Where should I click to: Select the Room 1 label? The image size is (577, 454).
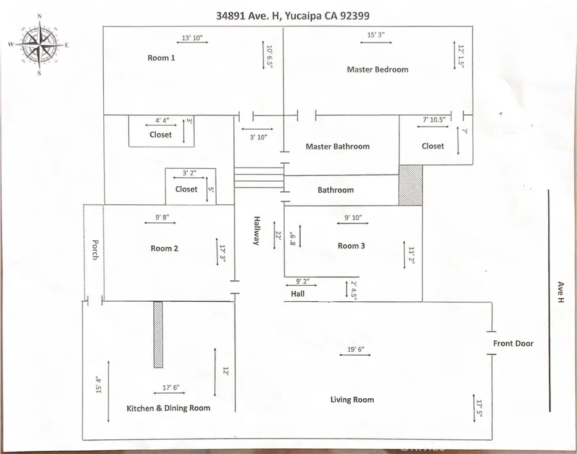click(x=162, y=58)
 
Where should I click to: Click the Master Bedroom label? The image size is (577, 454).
click(x=377, y=69)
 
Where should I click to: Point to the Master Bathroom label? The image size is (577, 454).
click(x=337, y=146)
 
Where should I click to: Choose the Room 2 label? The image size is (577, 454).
click(x=165, y=249)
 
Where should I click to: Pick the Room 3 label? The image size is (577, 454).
click(x=351, y=246)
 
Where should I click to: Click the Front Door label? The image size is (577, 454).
click(x=513, y=344)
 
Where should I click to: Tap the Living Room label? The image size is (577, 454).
click(x=352, y=399)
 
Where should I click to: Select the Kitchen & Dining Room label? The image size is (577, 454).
click(x=169, y=408)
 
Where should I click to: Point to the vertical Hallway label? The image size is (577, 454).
click(x=256, y=230)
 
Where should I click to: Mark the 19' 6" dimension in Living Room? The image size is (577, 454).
click(x=356, y=349)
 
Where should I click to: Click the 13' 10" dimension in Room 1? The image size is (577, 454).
click(x=192, y=39)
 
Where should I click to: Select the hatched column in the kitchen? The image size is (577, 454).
click(x=158, y=334)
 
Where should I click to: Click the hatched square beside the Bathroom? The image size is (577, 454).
click(x=410, y=185)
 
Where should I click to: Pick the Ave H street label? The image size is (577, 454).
click(x=560, y=293)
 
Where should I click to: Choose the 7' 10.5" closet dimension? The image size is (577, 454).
click(x=438, y=119)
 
